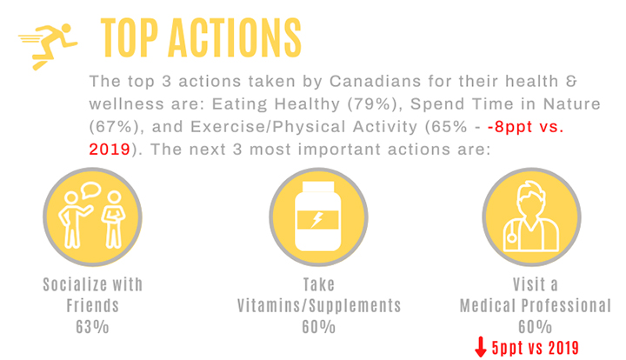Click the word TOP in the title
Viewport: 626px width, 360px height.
130,38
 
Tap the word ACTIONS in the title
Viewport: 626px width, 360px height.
235,38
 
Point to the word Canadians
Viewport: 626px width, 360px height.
375,82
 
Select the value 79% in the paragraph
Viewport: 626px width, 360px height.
372,104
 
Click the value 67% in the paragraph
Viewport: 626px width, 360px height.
113,127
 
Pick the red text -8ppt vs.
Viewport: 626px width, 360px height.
525,127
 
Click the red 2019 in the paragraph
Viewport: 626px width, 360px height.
110,150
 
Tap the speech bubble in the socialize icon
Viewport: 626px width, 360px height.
91,190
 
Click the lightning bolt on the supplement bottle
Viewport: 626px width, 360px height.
317,219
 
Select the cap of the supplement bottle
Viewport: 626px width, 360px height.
318,187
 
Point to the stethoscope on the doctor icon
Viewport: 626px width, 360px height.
510,234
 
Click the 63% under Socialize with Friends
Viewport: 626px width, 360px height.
92,327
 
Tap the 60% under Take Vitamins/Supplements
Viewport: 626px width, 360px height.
318,327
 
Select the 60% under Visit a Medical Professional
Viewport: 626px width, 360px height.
535,327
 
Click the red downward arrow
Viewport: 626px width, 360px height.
481,347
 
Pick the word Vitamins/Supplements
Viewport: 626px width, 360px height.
319,306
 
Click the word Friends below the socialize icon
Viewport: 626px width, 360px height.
93,306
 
